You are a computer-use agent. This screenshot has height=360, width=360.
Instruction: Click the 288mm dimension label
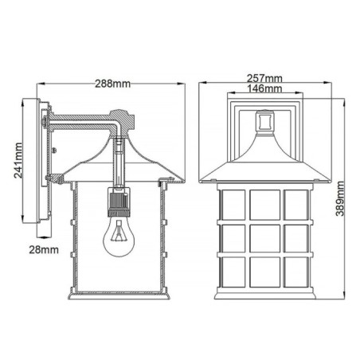112,82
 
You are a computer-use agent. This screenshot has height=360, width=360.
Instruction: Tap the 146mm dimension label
265,91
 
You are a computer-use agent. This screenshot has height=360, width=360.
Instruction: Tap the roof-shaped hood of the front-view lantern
264,163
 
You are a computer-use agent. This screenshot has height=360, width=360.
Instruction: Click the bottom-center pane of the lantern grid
264,274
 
